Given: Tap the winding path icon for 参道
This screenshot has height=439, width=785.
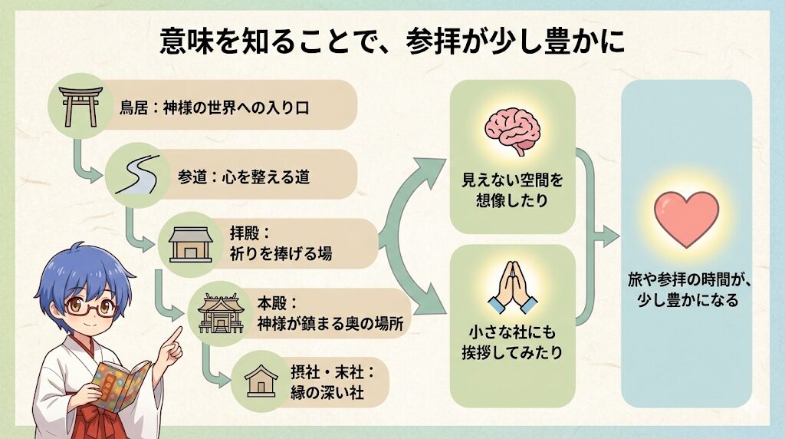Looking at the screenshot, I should coord(136,176).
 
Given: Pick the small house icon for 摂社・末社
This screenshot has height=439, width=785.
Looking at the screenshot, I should coord(261,381).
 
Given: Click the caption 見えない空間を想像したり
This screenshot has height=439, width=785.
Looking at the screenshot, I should coord(512,193).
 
